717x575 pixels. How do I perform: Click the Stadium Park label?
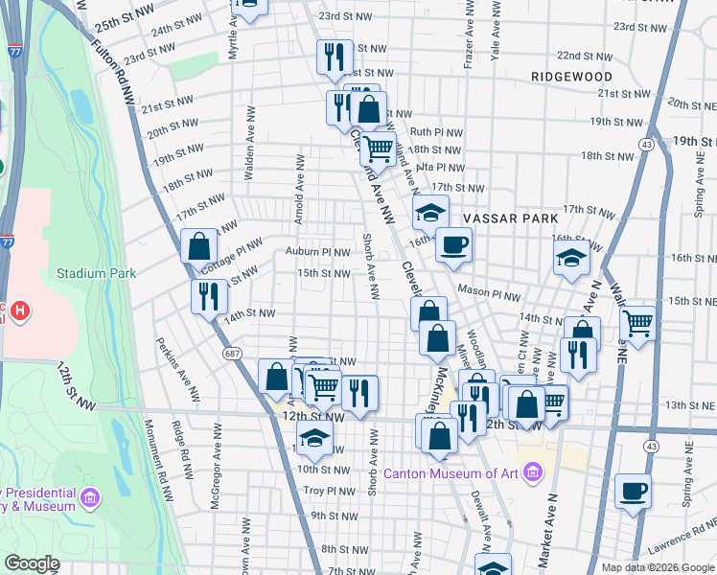pyautogui.click(x=96, y=273)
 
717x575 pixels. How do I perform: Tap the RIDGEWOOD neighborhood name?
pyautogui.click(x=573, y=76)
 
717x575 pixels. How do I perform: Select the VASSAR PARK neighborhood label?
pyautogui.click(x=510, y=218)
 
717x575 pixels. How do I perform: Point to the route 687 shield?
pyautogui.click(x=231, y=355)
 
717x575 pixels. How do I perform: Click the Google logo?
pyautogui.click(x=32, y=563)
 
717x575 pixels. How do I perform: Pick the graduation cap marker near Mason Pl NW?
pyautogui.click(x=571, y=258)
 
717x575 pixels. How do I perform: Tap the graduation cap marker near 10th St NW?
pyautogui.click(x=313, y=440)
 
